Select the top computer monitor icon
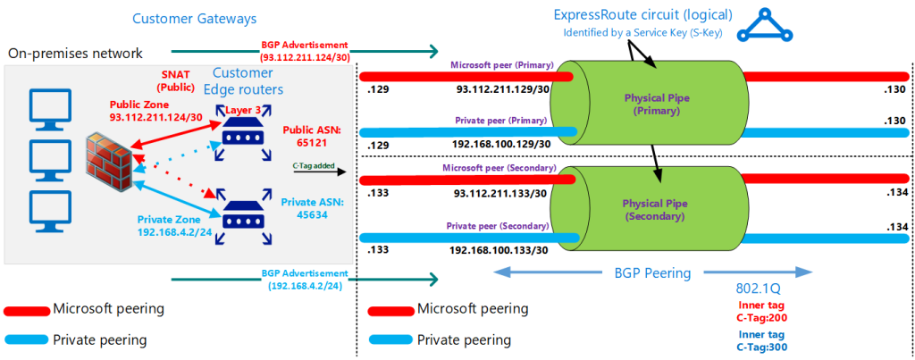[42, 106]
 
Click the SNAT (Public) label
[175, 81]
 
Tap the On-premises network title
[75, 54]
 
